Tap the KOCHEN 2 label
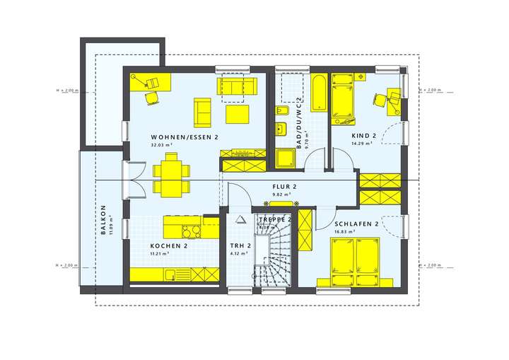[x=168, y=245]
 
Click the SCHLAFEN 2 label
[x=357, y=223]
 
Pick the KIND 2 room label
[x=365, y=136]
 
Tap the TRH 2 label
[x=240, y=245]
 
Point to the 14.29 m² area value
[x=361, y=144]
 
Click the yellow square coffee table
[x=236, y=114]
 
